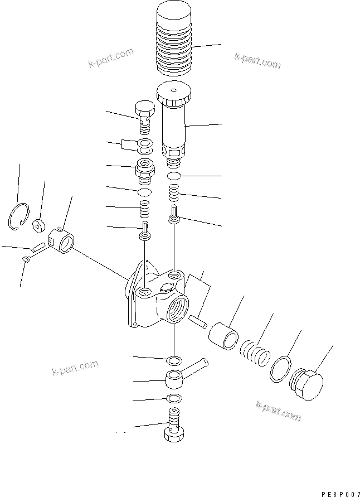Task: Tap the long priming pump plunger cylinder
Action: point(173,126)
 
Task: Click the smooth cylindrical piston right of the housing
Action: point(224,334)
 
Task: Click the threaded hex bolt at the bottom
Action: point(174,424)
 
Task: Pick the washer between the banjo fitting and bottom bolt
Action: point(174,398)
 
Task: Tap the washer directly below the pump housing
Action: point(173,358)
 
